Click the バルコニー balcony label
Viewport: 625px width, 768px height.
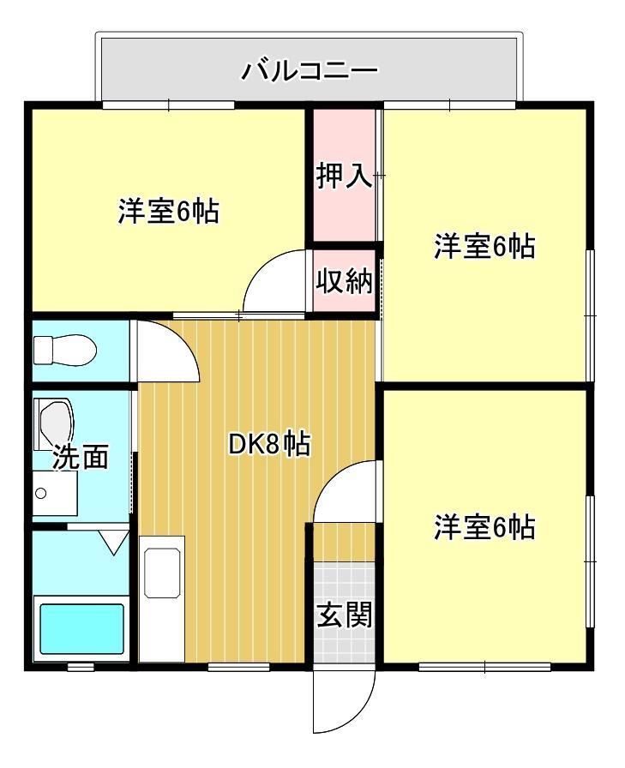(x=309, y=69)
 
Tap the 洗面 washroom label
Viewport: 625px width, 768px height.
(x=81, y=458)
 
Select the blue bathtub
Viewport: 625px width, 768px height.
(x=81, y=630)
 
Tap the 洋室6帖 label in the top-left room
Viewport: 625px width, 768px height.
(x=168, y=211)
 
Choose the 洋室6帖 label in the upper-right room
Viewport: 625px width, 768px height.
(x=484, y=247)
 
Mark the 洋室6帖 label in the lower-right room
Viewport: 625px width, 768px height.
(x=484, y=526)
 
